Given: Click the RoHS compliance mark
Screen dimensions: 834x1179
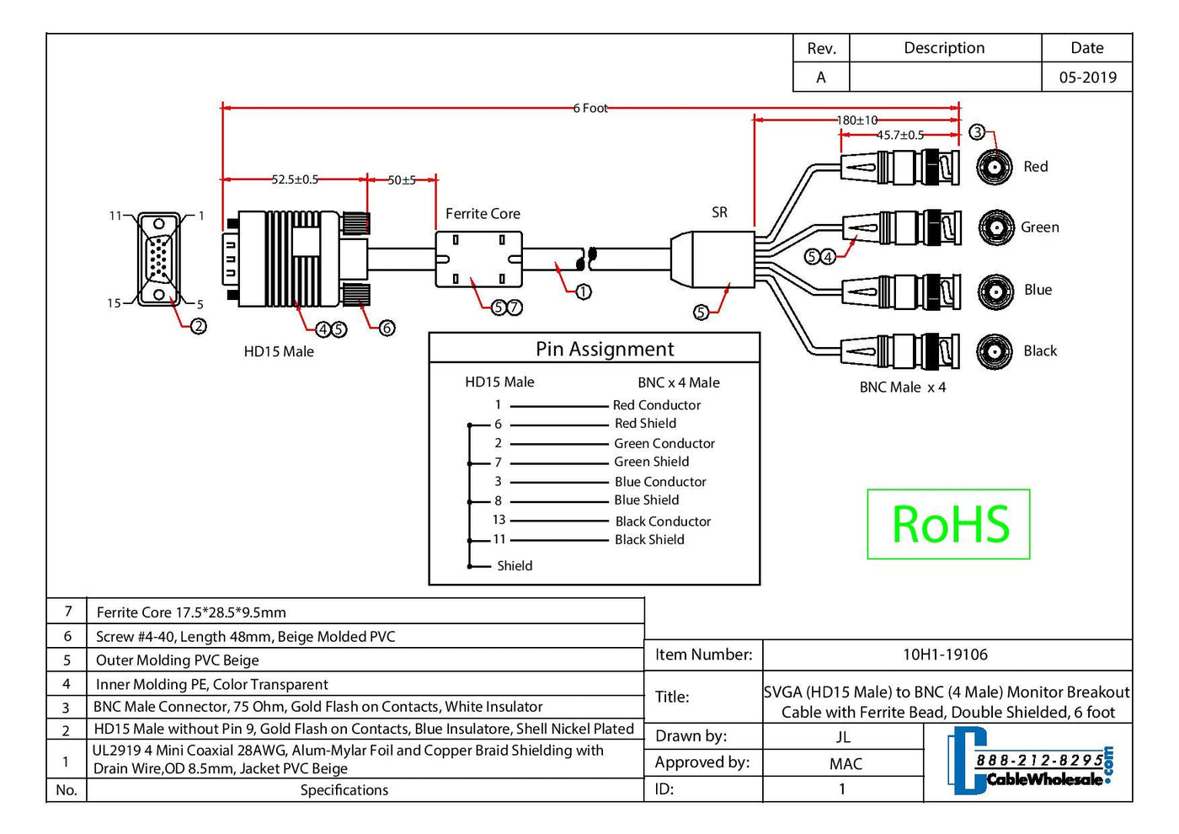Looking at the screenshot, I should tap(949, 524).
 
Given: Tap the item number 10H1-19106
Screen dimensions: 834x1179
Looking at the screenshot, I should tap(945, 655).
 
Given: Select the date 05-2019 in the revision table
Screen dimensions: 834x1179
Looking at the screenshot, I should tap(1087, 78).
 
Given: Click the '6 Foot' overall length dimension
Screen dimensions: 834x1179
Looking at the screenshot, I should tap(590, 108).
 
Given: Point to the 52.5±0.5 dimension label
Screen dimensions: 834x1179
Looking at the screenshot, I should tap(295, 179).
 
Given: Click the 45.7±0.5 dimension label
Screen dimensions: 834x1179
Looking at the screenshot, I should tap(899, 135).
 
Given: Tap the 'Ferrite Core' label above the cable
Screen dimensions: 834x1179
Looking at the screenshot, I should tap(483, 214).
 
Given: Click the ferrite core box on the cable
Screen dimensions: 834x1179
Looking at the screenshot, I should tap(478, 259).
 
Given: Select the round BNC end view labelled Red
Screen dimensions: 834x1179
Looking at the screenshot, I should tap(995, 167).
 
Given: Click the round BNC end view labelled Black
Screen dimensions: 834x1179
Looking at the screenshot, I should tap(995, 351).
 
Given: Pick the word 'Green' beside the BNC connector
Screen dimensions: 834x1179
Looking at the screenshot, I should tap(1040, 227).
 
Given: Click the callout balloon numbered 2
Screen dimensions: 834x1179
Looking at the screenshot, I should tap(199, 326).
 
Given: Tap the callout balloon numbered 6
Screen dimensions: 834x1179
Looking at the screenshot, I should tap(387, 328).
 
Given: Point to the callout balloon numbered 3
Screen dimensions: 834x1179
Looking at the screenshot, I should tap(977, 132).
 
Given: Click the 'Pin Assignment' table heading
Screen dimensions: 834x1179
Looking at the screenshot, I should tap(605, 350).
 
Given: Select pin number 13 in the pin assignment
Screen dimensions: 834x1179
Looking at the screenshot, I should tap(499, 520).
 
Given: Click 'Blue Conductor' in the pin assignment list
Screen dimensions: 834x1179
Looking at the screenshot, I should tap(660, 482).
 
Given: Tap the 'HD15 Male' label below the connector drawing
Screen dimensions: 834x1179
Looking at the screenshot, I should tap(279, 352).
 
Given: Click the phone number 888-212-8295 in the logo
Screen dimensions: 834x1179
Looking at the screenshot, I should tap(1039, 761).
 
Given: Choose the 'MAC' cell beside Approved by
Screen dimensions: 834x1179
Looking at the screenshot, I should tap(846, 764).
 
